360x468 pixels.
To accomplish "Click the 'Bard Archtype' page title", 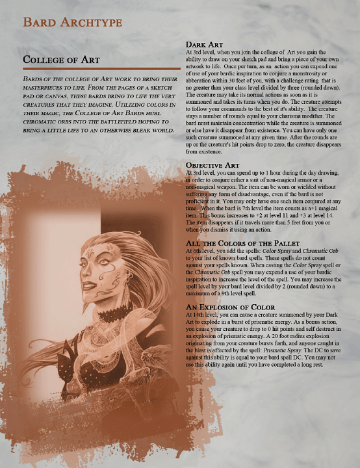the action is click(x=72, y=22).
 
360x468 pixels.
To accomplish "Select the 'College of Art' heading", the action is click(x=61, y=60).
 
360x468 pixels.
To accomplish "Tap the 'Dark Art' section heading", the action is click(x=205, y=44).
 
